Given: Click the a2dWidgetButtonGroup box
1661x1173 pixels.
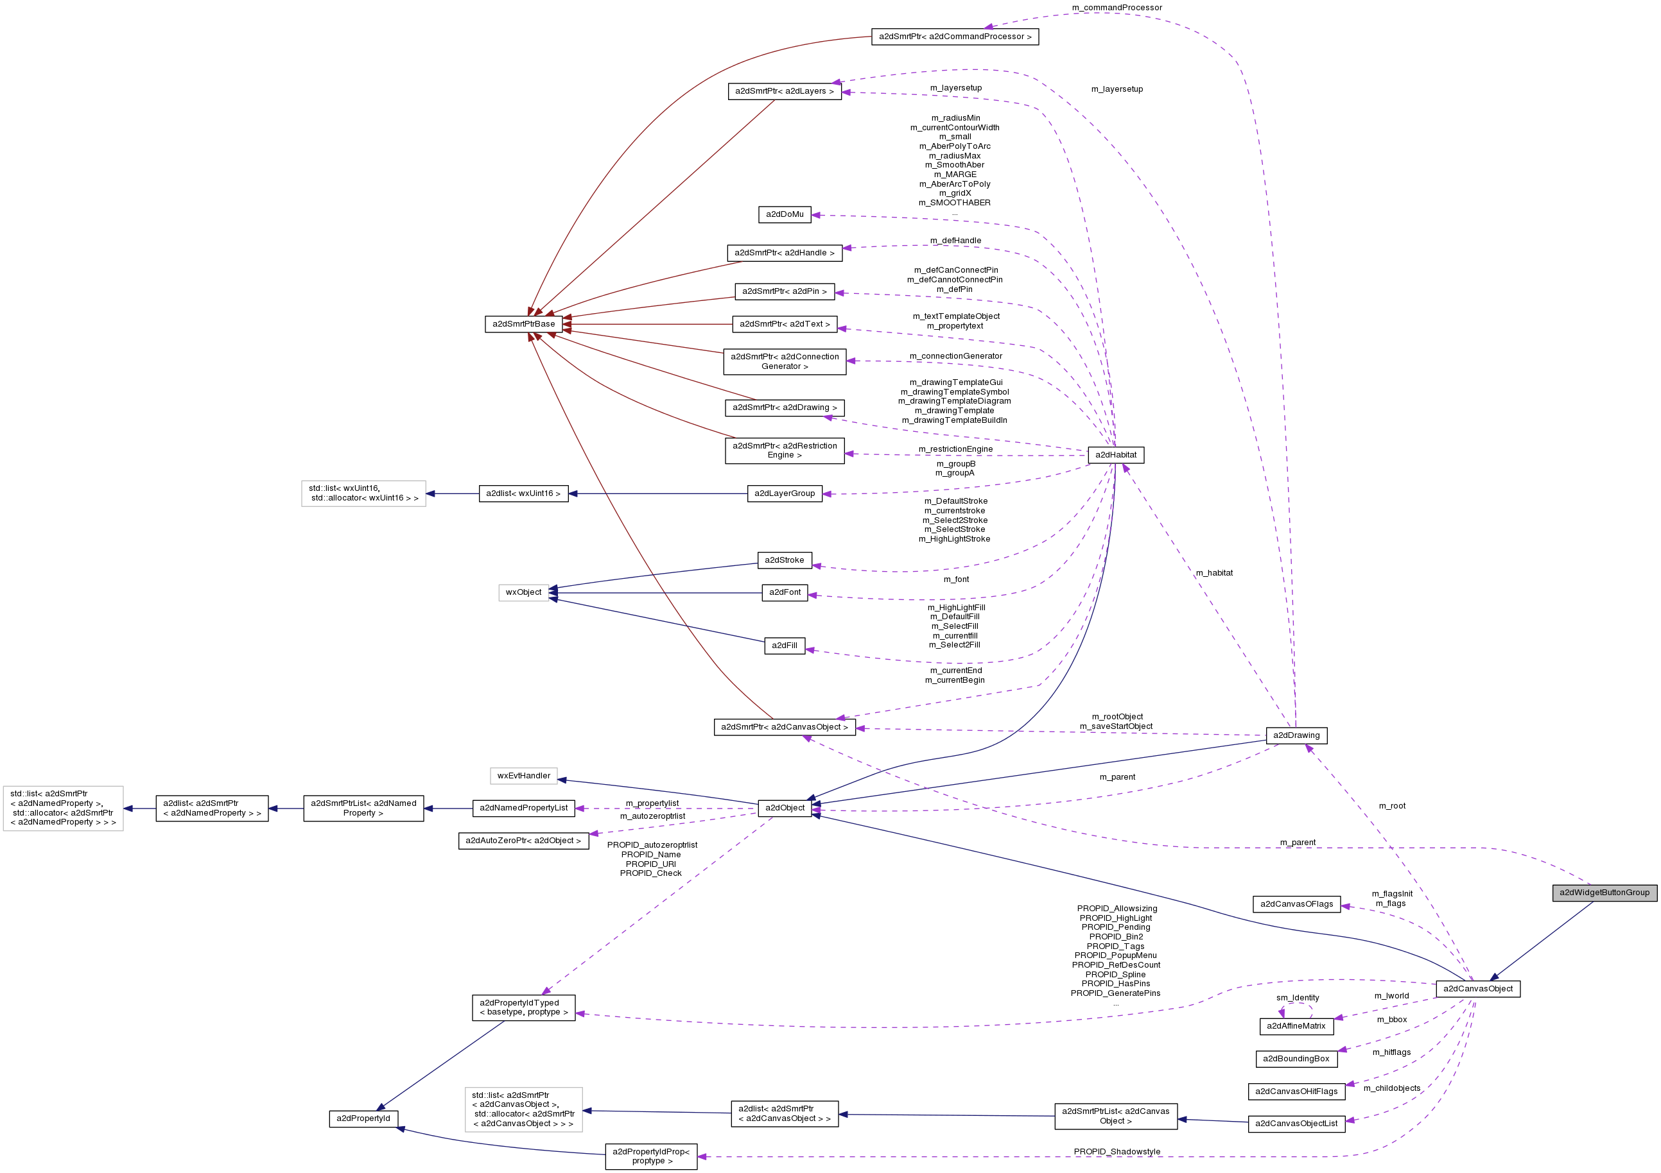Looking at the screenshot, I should coord(1604,893).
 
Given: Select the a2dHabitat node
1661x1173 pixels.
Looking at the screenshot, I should coord(1115,455).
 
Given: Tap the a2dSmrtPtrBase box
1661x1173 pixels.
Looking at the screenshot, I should coord(524,324).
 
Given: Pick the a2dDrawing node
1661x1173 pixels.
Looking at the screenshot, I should coord(1296,735).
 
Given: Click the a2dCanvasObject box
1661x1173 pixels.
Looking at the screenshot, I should coord(1477,989).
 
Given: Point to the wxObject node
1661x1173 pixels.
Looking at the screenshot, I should coord(523,592).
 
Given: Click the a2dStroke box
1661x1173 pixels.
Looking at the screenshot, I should coord(784,560).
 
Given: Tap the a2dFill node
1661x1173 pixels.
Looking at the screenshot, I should coord(784,646).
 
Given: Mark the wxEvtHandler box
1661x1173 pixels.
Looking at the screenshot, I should coord(524,776).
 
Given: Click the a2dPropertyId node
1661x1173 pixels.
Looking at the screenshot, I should coord(363,1118).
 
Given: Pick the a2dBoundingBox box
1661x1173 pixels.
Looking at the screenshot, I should coord(1296,1059).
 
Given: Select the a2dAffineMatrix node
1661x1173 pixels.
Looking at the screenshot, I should coord(1296,1026).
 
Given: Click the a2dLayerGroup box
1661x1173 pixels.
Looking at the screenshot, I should coord(784,494).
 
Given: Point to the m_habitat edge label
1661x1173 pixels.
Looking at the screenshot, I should coord(1214,574).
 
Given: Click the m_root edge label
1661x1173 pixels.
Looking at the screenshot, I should coord(1392,805).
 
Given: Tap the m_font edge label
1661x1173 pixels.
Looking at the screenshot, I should coord(955,579).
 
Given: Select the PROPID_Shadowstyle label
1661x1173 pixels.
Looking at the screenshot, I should coord(1117,1151).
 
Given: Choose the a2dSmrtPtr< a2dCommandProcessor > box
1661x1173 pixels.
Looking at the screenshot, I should coord(955,37).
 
